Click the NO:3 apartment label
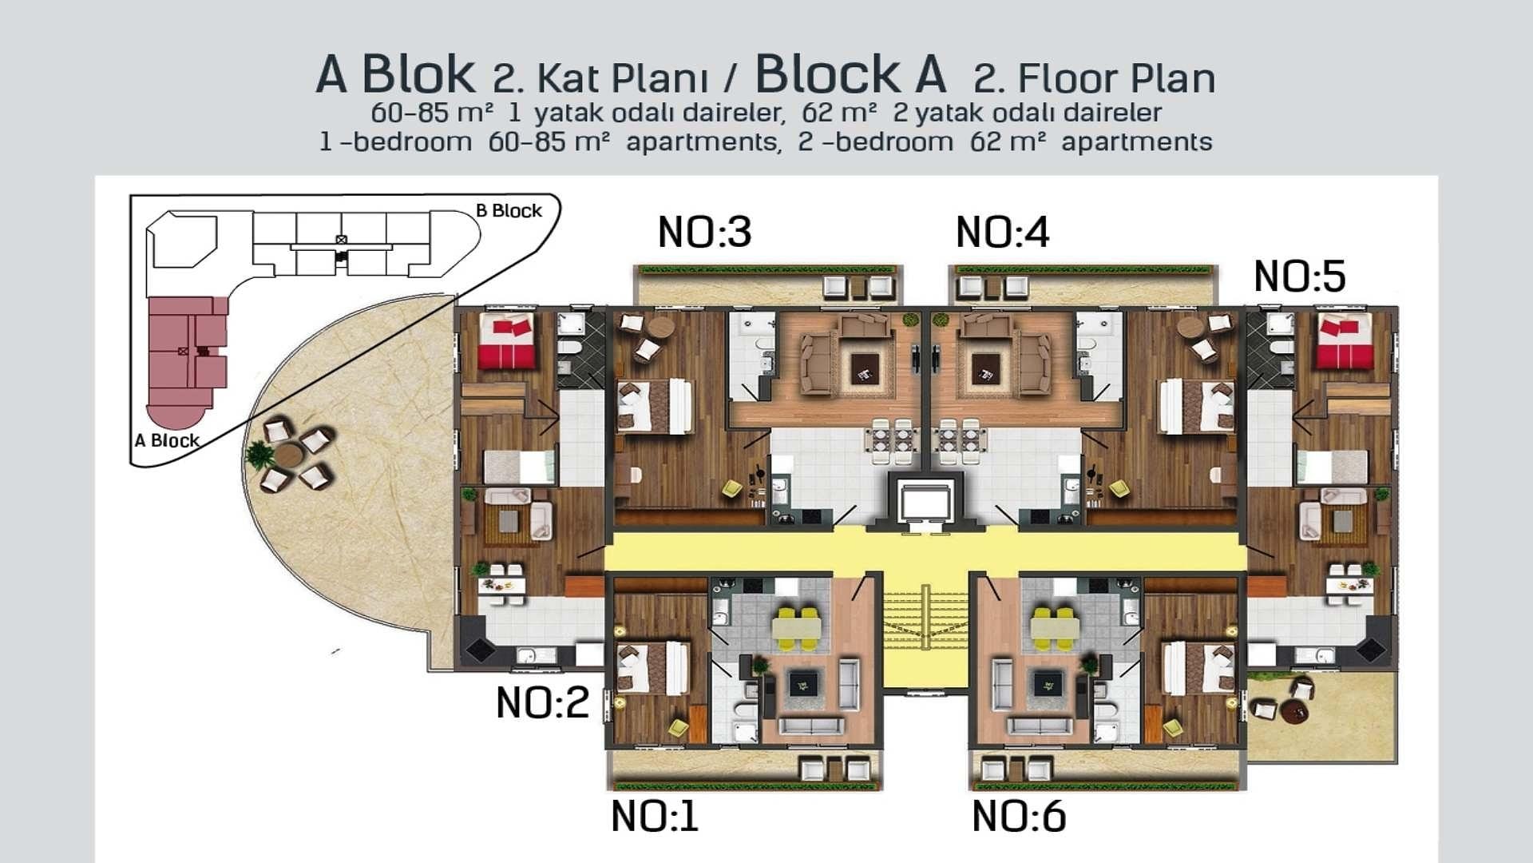pyautogui.click(x=704, y=232)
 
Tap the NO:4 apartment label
pyautogui.click(x=1002, y=233)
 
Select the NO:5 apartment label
pyautogui.click(x=1300, y=276)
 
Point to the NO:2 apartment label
pyautogui.click(x=542, y=703)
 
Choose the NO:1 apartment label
pyautogui.click(x=655, y=817)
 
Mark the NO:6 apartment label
pyautogui.click(x=1019, y=817)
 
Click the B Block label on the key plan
pyautogui.click(x=509, y=211)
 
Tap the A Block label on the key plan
pyautogui.click(x=167, y=440)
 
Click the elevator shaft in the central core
pyautogui.click(x=925, y=503)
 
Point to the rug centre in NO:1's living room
pyautogui.click(x=802, y=684)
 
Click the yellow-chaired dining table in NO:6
pyautogui.click(x=1051, y=627)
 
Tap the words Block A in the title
pyautogui.click(x=850, y=74)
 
